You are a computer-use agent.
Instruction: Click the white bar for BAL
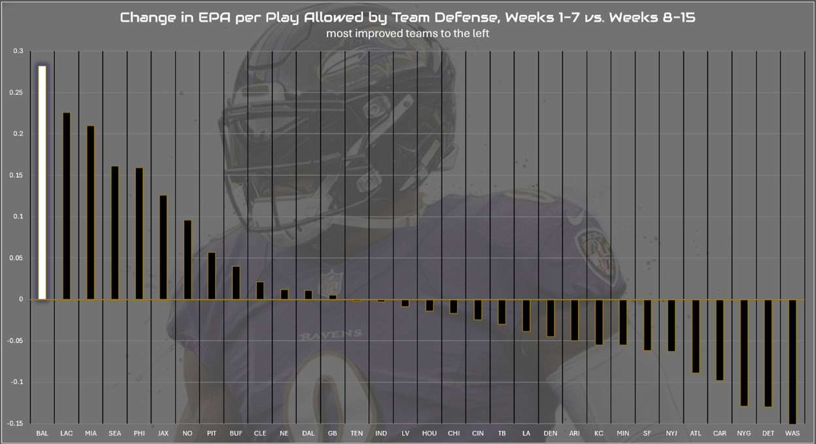(42, 182)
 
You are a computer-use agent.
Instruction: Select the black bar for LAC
(66, 206)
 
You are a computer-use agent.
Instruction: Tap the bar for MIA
(90, 213)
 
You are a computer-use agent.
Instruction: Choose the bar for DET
(768, 353)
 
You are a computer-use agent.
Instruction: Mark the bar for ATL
(695, 336)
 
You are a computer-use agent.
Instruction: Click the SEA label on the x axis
(114, 434)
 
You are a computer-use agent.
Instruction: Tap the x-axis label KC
(598, 434)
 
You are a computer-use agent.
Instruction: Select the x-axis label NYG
(743, 434)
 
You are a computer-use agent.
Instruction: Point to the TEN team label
(356, 434)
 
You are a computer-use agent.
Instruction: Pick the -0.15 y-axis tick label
(14, 424)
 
